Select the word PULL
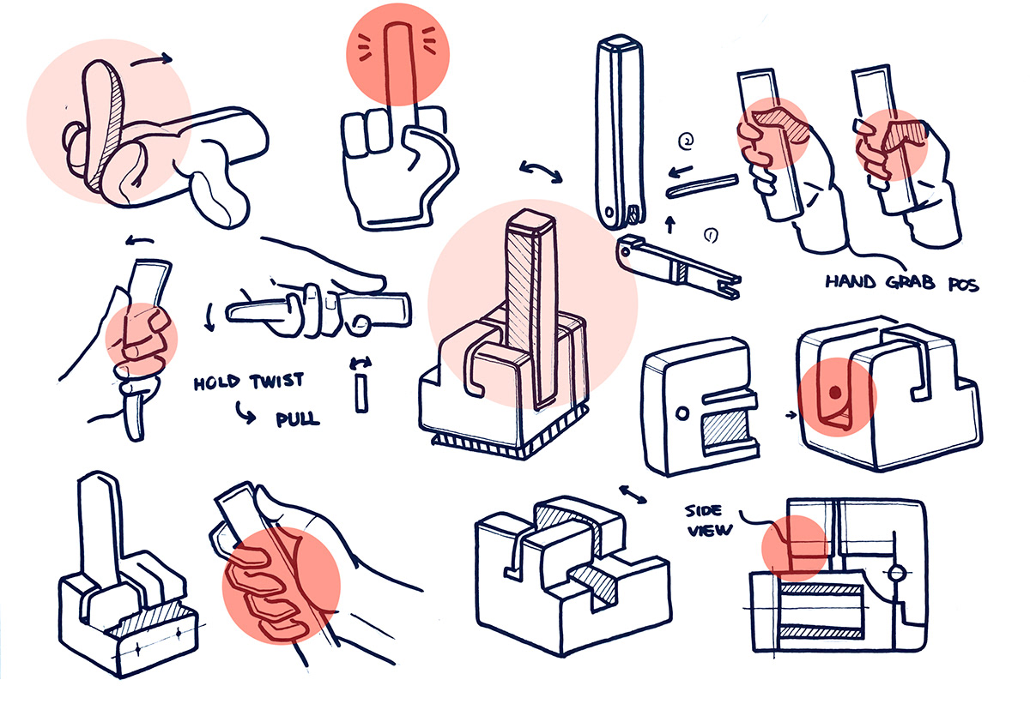point(297,419)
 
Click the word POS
point(958,284)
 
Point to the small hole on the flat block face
point(682,412)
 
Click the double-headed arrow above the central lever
point(542,171)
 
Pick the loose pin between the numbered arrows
point(702,184)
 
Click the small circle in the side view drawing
point(896,573)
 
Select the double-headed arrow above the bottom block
point(633,494)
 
